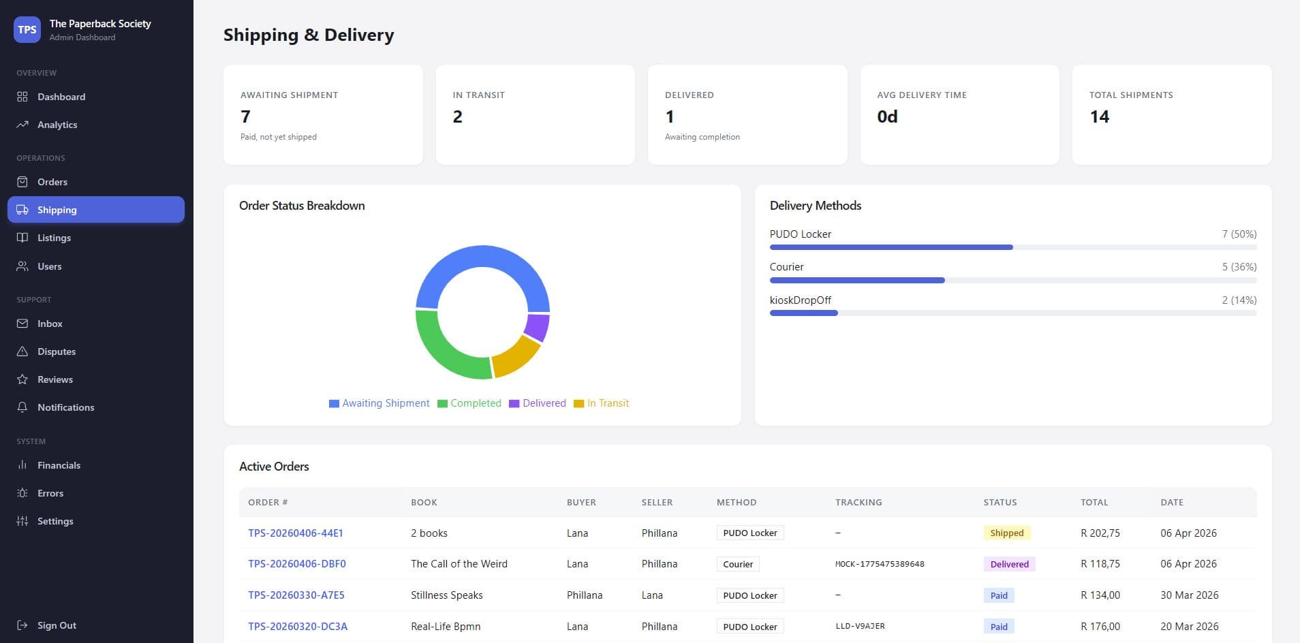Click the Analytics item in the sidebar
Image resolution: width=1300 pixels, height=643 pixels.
coord(57,125)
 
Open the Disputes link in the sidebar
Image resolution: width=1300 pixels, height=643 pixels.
coord(56,351)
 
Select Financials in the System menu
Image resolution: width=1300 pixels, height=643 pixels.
coord(59,465)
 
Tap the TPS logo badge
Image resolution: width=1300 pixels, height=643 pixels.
coord(27,29)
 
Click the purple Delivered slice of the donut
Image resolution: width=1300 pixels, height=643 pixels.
coord(538,327)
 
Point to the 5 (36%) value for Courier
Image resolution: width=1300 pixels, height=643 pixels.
coord(1239,267)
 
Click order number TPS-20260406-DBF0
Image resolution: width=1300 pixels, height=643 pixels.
coord(297,564)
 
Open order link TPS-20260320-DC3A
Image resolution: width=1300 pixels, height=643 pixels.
coord(298,627)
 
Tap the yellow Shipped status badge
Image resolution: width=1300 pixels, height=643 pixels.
coord(1006,533)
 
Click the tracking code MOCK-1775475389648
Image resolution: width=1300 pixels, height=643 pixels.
coord(880,564)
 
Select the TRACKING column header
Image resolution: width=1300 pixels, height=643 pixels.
coord(858,502)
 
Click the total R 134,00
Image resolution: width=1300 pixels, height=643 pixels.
coord(1100,595)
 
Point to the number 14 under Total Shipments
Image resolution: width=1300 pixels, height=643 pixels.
coord(1099,116)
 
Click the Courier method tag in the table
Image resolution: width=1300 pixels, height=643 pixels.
coord(738,564)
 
